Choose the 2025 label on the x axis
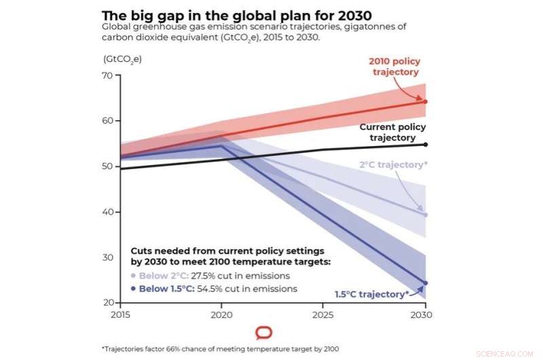(322, 315)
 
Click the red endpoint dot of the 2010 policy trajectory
(426, 101)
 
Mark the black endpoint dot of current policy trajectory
(426, 144)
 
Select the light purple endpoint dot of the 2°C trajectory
(426, 215)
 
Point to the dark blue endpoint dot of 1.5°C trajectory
(426, 283)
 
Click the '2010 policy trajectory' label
(394, 67)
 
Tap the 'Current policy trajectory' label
(392, 132)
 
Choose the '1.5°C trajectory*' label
(371, 294)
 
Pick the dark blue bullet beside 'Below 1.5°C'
(133, 289)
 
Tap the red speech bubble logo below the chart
(264, 333)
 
